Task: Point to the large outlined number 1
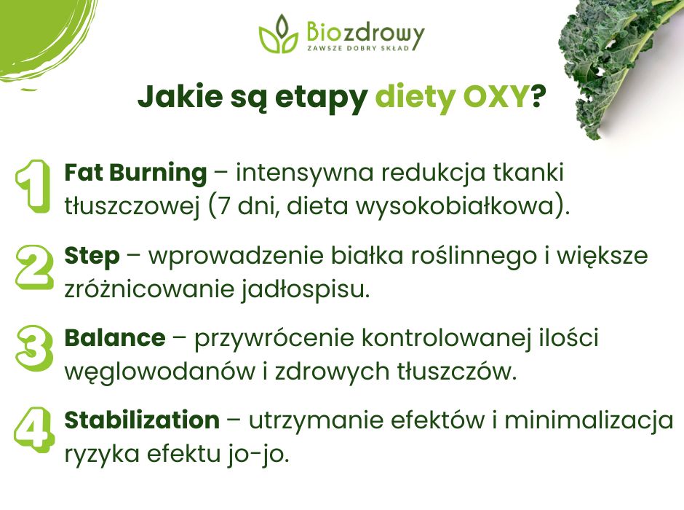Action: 32,187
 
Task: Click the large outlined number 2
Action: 33,267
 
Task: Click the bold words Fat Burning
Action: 136,173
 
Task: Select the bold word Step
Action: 92,256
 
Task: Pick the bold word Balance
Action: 115,338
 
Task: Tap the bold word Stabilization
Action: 142,420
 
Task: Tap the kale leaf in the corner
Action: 619,58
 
